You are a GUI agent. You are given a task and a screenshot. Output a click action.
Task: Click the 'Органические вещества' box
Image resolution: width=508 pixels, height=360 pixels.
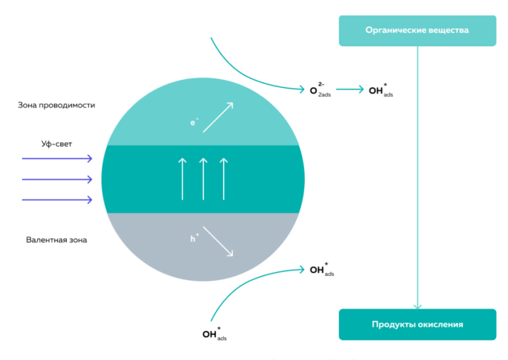pos(417,30)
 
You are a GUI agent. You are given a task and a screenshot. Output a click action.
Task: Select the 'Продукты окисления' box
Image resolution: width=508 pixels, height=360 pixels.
pos(417,324)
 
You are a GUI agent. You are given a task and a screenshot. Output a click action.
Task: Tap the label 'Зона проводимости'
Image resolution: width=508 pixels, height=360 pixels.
pos(57,105)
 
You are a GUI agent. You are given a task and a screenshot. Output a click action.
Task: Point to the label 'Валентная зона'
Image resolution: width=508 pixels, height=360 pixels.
pos(57,240)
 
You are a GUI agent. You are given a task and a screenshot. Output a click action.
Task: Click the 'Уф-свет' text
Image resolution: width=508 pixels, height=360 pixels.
pos(57,144)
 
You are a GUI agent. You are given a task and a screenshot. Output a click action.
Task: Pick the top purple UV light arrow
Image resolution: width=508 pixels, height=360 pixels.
pos(57,159)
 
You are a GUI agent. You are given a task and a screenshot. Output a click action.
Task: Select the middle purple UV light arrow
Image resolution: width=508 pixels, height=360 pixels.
pos(57,179)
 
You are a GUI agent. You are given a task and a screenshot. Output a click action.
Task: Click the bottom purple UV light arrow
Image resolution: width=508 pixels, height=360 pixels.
pos(57,199)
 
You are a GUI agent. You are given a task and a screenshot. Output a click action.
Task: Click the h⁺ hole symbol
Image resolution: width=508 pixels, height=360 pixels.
pos(193,239)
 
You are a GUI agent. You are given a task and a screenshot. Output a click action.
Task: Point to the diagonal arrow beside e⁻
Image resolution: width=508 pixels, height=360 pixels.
pos(218,117)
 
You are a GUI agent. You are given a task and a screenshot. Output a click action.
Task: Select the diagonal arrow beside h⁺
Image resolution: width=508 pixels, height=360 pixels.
pos(218,242)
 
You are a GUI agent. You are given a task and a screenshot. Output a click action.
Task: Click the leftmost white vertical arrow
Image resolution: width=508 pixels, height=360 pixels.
pos(183,179)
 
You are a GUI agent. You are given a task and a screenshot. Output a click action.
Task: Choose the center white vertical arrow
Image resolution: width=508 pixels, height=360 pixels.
pos(203,179)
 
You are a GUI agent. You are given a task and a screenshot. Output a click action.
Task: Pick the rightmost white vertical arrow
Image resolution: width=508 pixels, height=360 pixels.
pos(223,179)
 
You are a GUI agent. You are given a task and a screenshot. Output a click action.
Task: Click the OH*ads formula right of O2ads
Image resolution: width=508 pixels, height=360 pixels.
pos(381,91)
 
